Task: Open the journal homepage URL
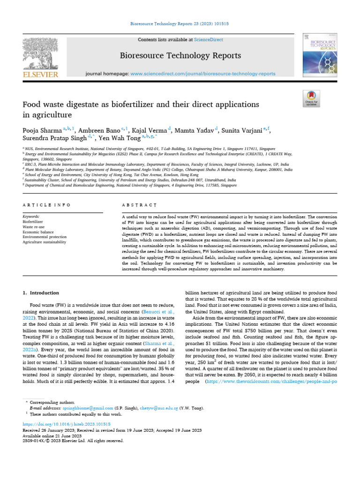click(202, 74)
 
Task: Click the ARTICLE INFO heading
click(47, 205)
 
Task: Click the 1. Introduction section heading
click(41, 292)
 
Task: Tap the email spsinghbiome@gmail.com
click(88, 408)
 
